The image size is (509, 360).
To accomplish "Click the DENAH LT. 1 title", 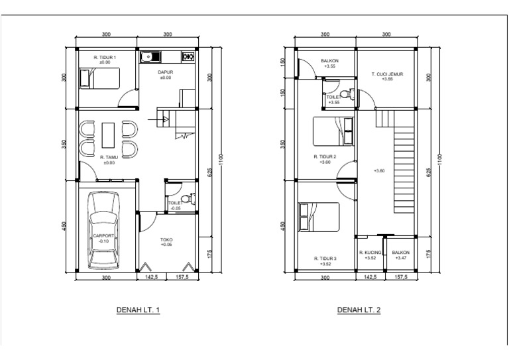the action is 138,310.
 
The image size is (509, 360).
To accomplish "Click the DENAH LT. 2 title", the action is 359,310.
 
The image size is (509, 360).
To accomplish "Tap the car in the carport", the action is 103,231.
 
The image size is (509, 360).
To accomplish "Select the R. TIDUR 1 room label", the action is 105,57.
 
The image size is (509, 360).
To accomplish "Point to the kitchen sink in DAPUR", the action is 150,57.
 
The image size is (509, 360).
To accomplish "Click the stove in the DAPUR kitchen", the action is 188,57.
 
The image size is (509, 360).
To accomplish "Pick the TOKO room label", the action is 166,239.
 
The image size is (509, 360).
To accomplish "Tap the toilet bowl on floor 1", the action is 188,198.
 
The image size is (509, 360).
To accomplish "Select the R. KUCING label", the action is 370,252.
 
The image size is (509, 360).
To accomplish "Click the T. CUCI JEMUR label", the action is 387,74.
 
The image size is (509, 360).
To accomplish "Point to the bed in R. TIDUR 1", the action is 99,78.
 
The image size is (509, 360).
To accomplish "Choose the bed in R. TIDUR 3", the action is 319,217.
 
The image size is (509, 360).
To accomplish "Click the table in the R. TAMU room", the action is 108,135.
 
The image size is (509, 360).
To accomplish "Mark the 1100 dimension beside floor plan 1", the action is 221,160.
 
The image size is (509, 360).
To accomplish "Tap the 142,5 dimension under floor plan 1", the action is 152,277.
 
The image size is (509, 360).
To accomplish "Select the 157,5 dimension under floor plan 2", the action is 401,277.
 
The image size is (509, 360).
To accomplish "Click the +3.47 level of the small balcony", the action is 401,258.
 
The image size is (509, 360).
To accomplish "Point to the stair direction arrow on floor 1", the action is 158,120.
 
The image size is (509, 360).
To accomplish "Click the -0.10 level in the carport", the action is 103,241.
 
